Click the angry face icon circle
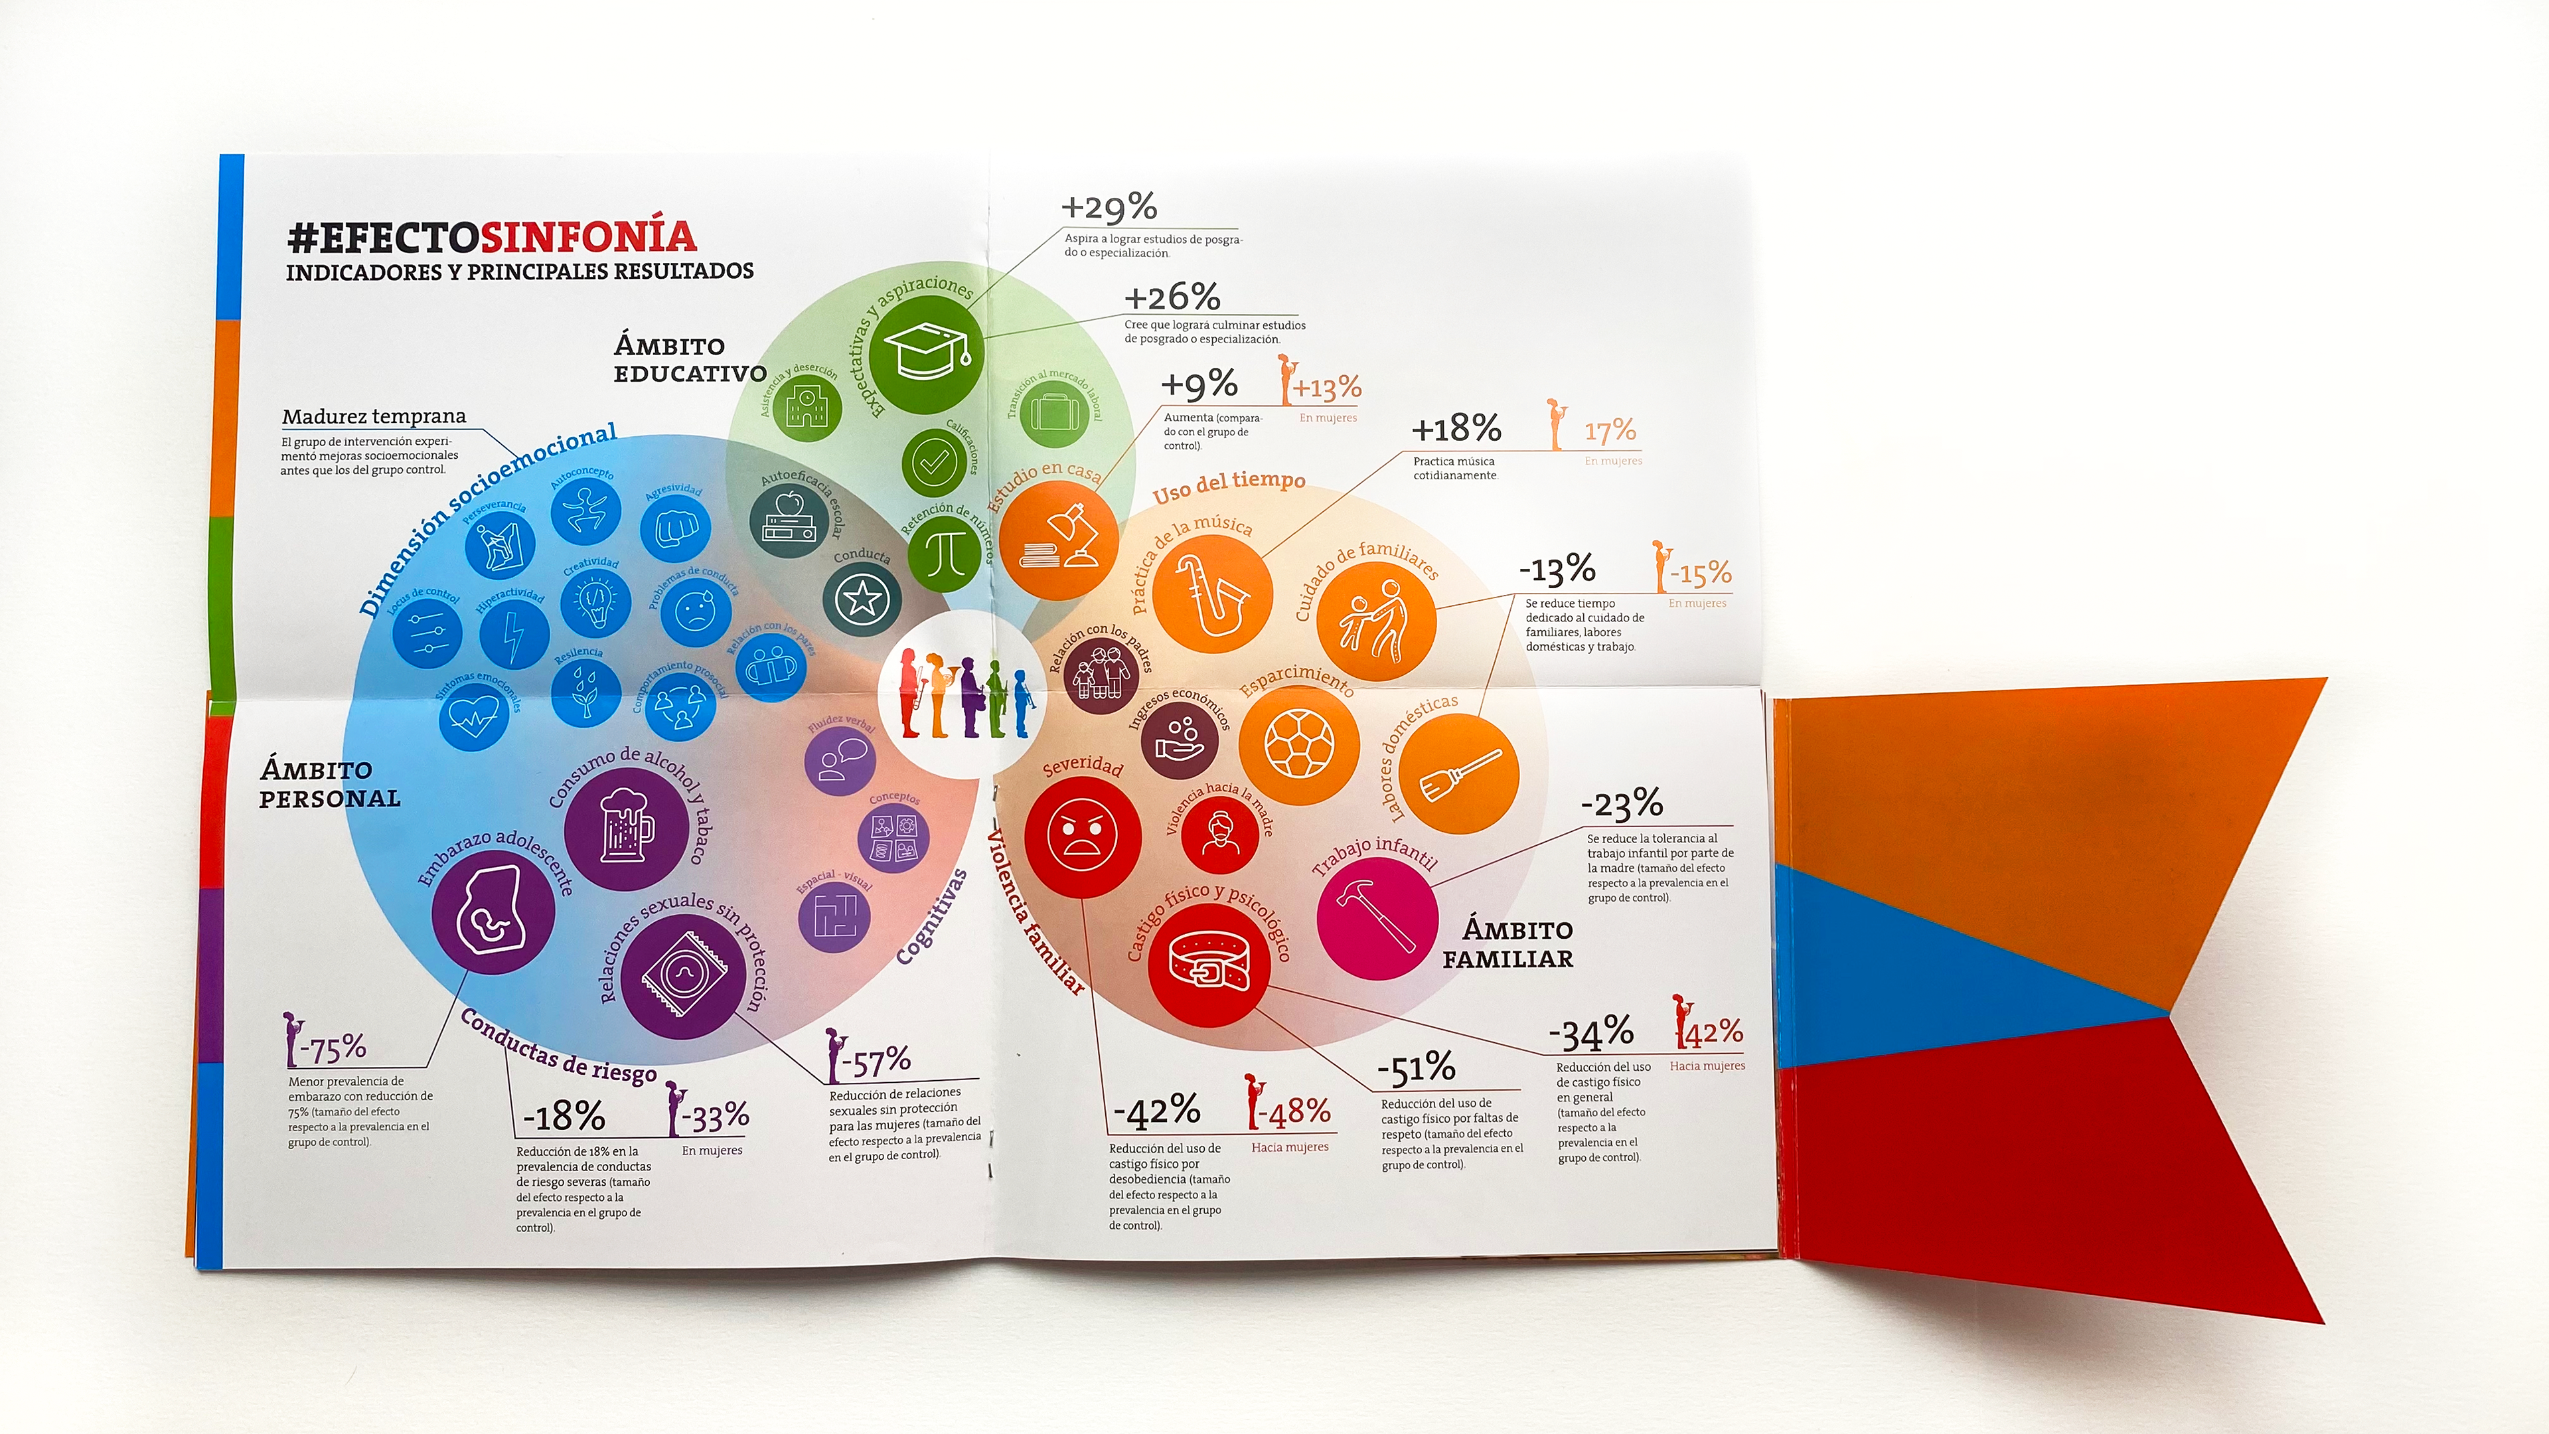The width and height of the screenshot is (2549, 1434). (1083, 837)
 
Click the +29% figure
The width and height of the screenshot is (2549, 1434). (1109, 208)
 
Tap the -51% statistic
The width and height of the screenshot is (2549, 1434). (1416, 1068)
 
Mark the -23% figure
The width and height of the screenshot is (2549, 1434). (1622, 803)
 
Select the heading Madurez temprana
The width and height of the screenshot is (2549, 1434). (373, 417)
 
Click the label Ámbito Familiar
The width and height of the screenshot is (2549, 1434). (1508, 944)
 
